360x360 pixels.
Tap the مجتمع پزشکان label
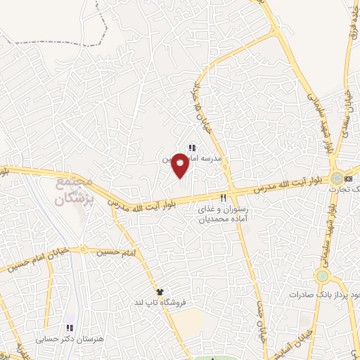73,191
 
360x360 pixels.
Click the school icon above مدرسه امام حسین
191,147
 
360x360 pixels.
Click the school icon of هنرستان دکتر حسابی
68,328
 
